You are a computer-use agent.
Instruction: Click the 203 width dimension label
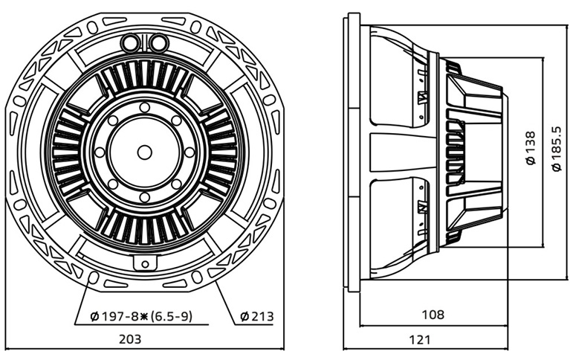pyautogui.click(x=130, y=339)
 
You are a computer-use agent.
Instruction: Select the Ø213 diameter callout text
pyautogui.click(x=257, y=316)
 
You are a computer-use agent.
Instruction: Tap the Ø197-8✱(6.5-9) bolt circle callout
pyautogui.click(x=141, y=316)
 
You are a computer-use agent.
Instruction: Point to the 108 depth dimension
pyautogui.click(x=433, y=314)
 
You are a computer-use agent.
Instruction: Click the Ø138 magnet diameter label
pyautogui.click(x=531, y=148)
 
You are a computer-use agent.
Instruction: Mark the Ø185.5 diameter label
pyautogui.click(x=557, y=149)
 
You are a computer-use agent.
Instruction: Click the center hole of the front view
pyautogui.click(x=145, y=152)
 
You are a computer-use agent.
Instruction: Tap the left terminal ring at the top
pyautogui.click(x=130, y=42)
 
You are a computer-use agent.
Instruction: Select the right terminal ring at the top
pyautogui.click(x=158, y=42)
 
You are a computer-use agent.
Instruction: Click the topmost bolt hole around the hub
pyautogui.click(x=145, y=108)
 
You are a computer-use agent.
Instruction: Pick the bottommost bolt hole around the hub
pyautogui.click(x=145, y=197)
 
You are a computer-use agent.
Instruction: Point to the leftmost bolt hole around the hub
pyautogui.click(x=100, y=152)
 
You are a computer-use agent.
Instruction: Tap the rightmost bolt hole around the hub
pyautogui.click(x=190, y=152)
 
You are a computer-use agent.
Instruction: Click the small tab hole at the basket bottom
pyautogui.click(x=145, y=264)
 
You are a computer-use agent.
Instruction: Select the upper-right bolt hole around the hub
pyautogui.click(x=176, y=120)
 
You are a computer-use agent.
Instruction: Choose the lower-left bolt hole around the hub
pyautogui.click(x=113, y=184)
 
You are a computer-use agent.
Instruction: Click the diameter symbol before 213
pyautogui.click(x=244, y=317)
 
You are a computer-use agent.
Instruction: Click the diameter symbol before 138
pyautogui.click(x=531, y=160)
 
